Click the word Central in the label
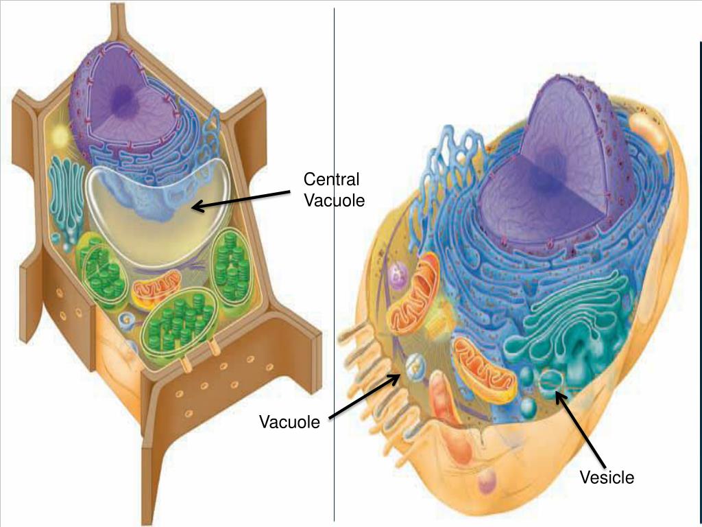click(331, 180)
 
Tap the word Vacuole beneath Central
click(335, 200)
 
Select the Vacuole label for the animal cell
click(289, 422)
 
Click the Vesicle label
click(607, 478)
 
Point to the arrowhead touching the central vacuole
click(196, 207)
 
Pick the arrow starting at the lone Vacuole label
click(363, 397)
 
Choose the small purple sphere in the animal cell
click(396, 276)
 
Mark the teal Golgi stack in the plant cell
click(66, 196)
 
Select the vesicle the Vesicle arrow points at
click(550, 380)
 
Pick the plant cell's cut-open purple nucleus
click(130, 103)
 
